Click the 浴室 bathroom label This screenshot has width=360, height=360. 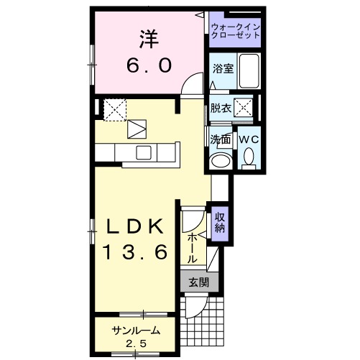(x=222, y=69)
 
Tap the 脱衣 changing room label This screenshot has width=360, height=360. (x=221, y=109)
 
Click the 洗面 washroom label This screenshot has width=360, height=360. (x=220, y=139)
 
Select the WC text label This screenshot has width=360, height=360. (x=249, y=139)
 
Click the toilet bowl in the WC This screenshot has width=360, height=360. (x=249, y=156)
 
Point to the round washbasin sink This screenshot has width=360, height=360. (x=220, y=160)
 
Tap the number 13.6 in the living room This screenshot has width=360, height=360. (x=135, y=252)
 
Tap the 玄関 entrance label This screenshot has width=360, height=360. (x=197, y=282)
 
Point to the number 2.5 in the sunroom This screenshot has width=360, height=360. (x=135, y=343)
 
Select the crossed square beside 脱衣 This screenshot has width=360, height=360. (x=244, y=109)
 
